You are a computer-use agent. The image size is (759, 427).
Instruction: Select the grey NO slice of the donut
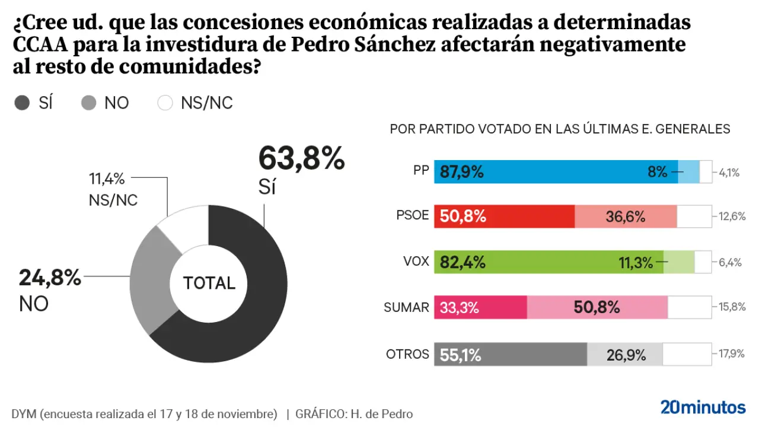pos(151,279)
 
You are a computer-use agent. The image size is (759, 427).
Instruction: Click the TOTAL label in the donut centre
pos(209,283)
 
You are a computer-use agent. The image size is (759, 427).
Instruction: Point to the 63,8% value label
pos(301,159)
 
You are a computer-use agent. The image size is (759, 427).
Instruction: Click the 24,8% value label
pos(50,278)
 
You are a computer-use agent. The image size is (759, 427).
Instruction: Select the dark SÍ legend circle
pos(22,103)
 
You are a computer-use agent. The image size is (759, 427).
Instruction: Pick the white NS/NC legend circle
pos(165,103)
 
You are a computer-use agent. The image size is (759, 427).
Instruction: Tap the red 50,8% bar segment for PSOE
pos(504,216)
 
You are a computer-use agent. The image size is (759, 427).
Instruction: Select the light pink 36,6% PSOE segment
pos(626,216)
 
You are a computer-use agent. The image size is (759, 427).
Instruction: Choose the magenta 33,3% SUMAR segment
pos(481,307)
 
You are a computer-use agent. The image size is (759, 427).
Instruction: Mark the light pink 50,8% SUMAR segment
pos(597,307)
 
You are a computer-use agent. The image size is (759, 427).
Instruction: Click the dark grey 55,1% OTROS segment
pos(511,355)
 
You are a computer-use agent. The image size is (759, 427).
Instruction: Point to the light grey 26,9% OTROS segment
pos(625,355)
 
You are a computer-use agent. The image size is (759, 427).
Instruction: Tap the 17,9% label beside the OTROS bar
pos(731,354)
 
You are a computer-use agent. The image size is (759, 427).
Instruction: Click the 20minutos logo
pos(703,407)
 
